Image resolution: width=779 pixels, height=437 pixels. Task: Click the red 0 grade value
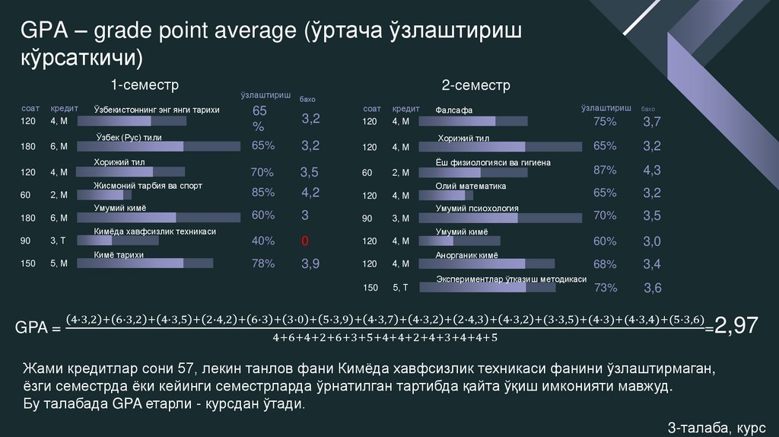click(x=304, y=241)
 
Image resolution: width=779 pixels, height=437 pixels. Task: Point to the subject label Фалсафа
click(x=454, y=110)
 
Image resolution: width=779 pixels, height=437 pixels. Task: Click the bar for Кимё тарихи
click(x=153, y=263)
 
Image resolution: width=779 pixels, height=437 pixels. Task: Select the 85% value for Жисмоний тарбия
click(x=263, y=193)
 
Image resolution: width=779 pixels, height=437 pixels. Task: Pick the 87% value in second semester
click(x=605, y=170)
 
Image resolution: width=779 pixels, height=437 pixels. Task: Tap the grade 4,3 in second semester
click(x=652, y=170)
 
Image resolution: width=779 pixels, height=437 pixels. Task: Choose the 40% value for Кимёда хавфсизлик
click(x=263, y=241)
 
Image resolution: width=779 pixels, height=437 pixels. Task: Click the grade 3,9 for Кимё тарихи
click(x=310, y=264)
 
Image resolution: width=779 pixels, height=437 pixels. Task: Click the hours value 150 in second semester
click(x=370, y=288)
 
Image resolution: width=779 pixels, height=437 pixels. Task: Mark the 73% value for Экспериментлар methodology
click(x=605, y=288)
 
